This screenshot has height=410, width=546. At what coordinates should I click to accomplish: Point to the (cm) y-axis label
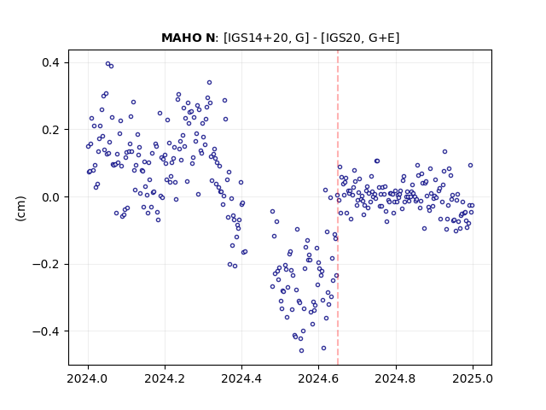pyautogui.click(x=20, y=208)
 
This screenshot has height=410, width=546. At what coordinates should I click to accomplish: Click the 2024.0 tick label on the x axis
pyautogui.click(x=88, y=378)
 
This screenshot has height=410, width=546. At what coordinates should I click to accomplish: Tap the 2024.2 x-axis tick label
pyautogui.click(x=165, y=378)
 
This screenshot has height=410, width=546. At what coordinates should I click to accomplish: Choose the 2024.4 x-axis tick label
pyautogui.click(x=241, y=378)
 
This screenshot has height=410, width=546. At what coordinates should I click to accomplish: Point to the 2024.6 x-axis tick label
pyautogui.click(x=318, y=378)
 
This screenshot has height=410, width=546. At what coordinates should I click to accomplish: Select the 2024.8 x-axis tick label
pyautogui.click(x=396, y=378)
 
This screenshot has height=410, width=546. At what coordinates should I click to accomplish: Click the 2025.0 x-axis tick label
pyautogui.click(x=473, y=378)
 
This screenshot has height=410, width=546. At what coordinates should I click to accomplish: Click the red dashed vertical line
pyautogui.click(x=338, y=208)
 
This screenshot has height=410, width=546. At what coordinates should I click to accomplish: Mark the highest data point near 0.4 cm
pyautogui.click(x=108, y=64)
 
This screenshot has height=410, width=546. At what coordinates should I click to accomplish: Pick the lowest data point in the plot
pyautogui.click(x=301, y=350)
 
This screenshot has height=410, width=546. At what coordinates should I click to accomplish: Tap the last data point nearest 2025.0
pyautogui.click(x=472, y=205)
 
